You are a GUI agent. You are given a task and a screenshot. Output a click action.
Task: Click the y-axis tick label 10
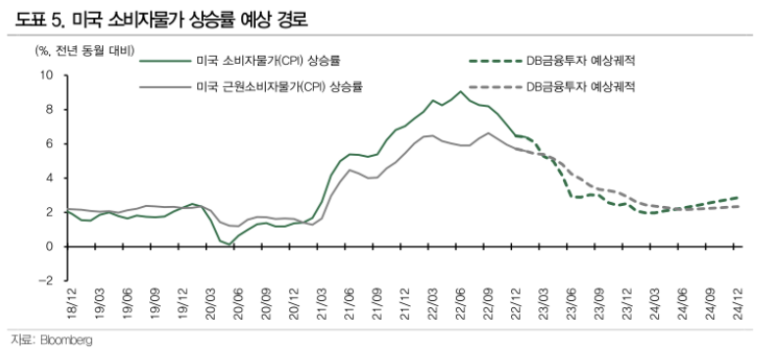(46, 75)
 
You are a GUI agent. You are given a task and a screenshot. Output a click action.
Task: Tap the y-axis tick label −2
(45, 281)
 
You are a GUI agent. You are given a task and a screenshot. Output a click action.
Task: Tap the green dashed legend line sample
(494, 61)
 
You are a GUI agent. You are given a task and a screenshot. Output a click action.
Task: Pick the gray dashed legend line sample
(494, 86)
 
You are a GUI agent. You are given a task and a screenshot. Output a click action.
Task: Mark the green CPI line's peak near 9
(461, 91)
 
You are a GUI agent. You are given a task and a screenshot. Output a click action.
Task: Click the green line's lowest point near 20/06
(231, 244)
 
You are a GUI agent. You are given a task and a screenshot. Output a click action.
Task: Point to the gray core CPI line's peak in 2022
(487, 132)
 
